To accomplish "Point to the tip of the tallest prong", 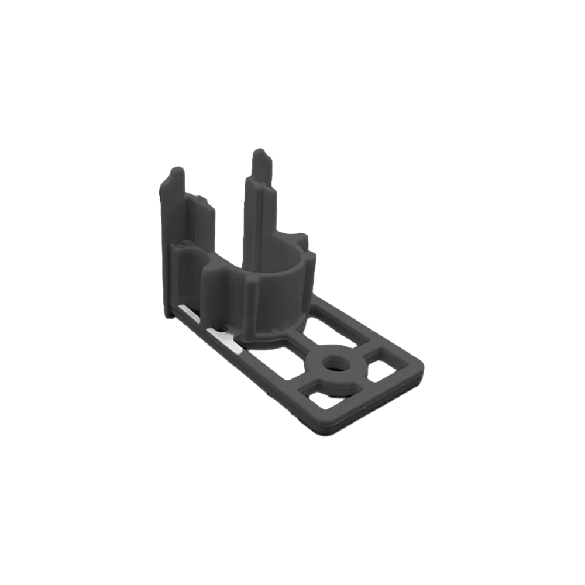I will tap(258, 153).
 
